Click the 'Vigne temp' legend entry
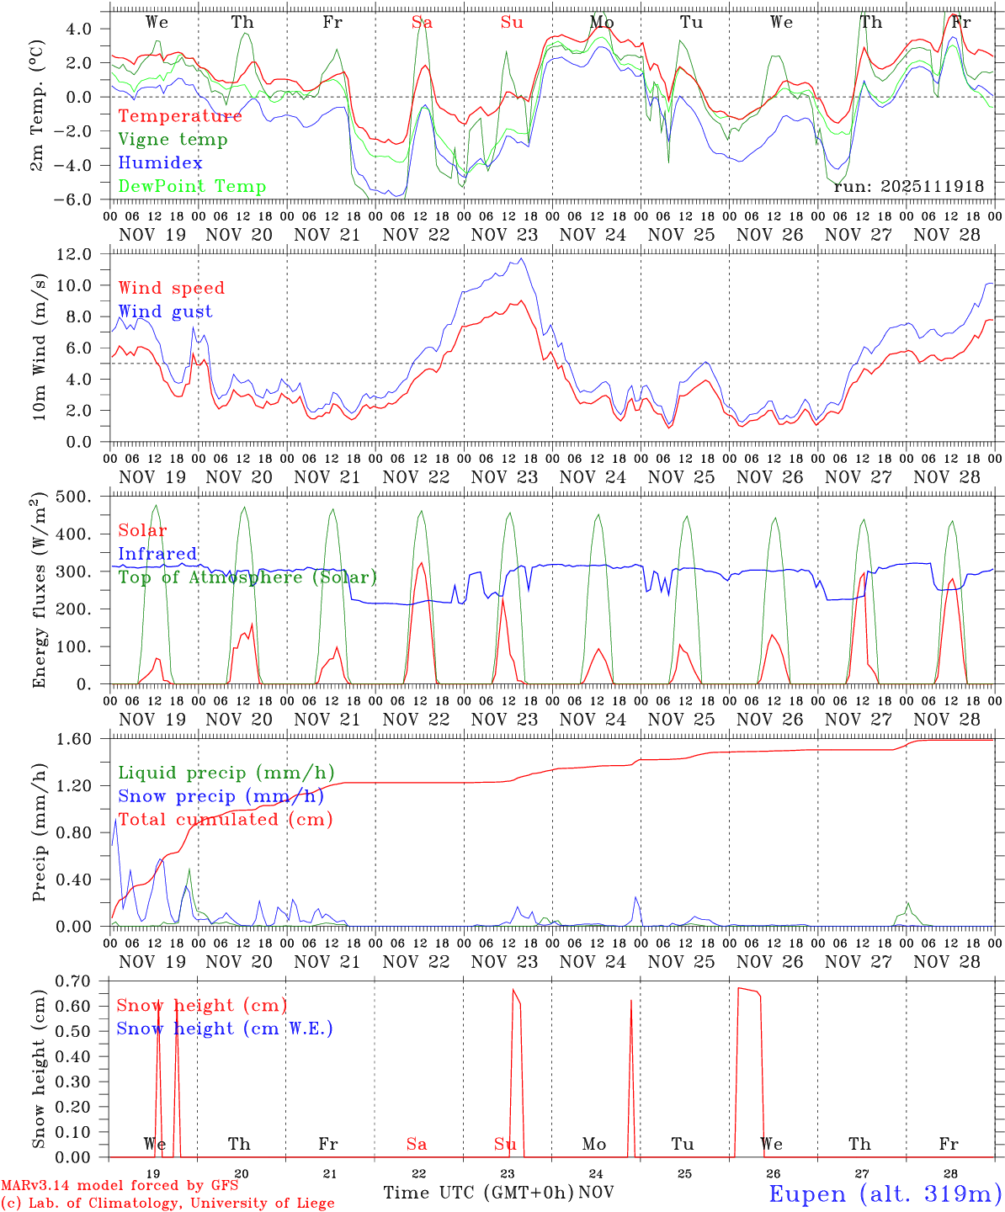[173, 140]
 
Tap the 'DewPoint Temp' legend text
[192, 187]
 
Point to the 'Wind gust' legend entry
[165, 311]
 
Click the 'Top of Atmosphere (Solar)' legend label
[247, 577]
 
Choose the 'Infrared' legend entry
[158, 554]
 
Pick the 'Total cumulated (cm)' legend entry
[226, 819]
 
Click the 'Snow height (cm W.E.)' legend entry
[225, 1029]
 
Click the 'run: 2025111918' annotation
[908, 186]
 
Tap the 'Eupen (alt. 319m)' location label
[885, 1193]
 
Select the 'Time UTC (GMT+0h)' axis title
[478, 1193]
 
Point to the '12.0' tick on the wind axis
[83, 254]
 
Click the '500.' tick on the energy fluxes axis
[82, 497]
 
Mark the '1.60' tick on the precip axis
[84, 739]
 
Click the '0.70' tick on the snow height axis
[84, 981]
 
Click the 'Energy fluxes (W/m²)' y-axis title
[38, 591]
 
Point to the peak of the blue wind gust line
[522, 258]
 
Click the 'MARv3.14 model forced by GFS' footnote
[120, 1186]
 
